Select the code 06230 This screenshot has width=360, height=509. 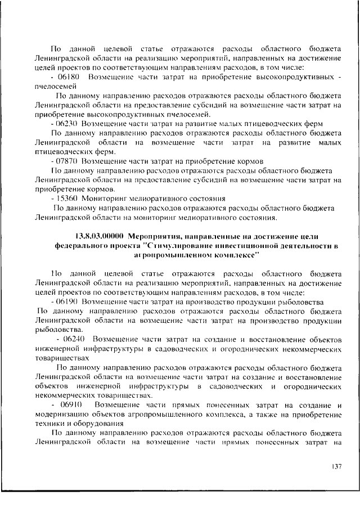click(67, 123)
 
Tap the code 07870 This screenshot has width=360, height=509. click(67, 160)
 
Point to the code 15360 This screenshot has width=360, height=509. click(67, 199)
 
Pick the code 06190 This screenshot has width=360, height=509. click(68, 301)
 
